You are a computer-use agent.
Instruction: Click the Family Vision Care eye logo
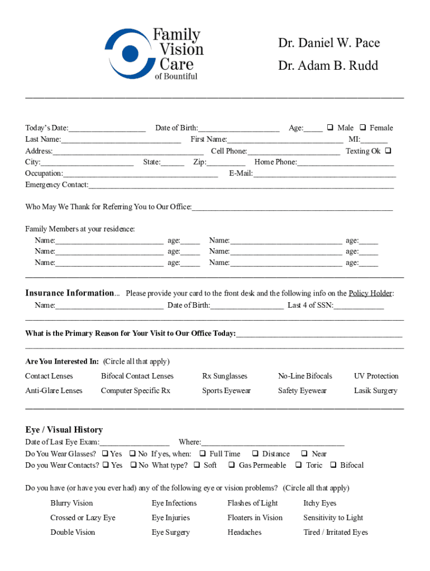[129, 54]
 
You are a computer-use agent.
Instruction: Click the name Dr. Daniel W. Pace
[329, 43]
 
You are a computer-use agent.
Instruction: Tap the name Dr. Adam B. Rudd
[328, 66]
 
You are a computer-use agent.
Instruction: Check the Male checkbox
[330, 128]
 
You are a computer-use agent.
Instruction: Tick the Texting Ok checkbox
[388, 151]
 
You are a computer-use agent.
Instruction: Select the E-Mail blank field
[324, 175]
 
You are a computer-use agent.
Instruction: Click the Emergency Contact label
[56, 185]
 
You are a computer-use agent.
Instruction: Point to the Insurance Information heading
[69, 293]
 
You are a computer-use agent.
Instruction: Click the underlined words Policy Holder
[370, 293]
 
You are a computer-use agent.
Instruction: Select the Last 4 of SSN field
[359, 306]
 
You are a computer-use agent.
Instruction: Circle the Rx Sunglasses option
[224, 376]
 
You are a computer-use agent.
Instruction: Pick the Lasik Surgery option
[375, 391]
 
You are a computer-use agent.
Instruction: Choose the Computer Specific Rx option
[135, 391]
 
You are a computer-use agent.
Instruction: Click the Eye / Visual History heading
[64, 430]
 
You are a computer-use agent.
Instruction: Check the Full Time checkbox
[203, 454]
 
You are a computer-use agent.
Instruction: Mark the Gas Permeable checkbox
[232, 465]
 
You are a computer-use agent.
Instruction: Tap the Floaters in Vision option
[255, 517]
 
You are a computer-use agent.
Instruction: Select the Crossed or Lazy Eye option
[83, 517]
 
